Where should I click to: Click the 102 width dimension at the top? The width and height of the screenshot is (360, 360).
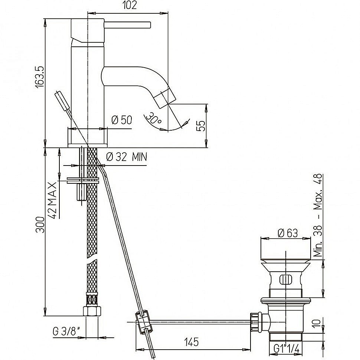click(130, 5)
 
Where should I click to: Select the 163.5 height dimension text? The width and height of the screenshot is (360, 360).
click(40, 77)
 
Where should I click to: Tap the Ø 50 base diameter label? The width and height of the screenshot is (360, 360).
click(122, 120)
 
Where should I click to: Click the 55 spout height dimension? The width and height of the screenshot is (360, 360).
click(201, 126)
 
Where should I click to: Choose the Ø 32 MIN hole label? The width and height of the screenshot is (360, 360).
click(127, 157)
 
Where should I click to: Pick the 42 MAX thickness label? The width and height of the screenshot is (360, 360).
click(53, 200)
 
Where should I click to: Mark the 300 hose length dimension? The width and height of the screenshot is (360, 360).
click(40, 225)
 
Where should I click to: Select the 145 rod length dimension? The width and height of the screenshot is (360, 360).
click(192, 342)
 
